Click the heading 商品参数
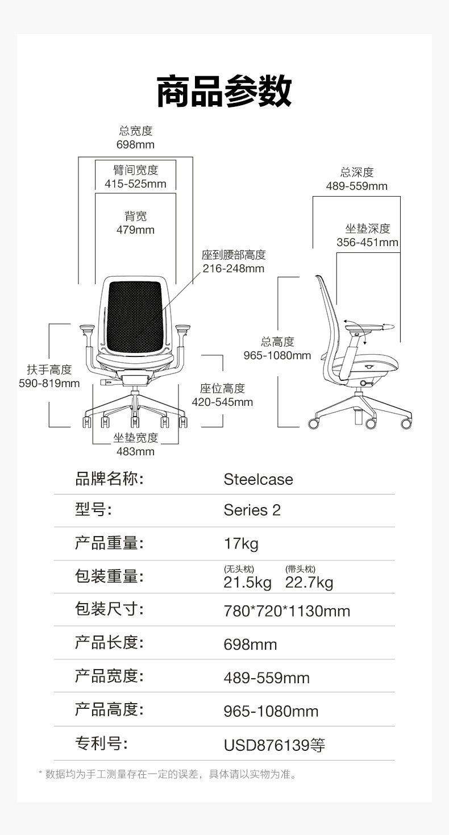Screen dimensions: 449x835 pyautogui.click(x=224, y=91)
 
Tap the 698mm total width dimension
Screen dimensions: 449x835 pyautogui.click(x=135, y=144)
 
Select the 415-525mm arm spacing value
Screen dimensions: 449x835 pyautogui.click(x=135, y=184)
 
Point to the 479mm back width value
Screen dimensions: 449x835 pyautogui.click(x=135, y=230)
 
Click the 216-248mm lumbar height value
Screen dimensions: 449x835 pyautogui.click(x=234, y=268)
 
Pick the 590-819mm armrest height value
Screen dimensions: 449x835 pyautogui.click(x=49, y=383)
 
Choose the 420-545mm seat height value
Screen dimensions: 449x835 pyautogui.click(x=222, y=402)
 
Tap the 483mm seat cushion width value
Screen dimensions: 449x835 pyautogui.click(x=135, y=451)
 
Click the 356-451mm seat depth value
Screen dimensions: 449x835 pyautogui.click(x=367, y=243)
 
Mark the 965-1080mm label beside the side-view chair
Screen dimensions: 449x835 pyautogui.click(x=277, y=355)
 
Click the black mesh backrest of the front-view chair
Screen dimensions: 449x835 pyautogui.click(x=135, y=315)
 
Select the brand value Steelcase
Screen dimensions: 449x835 pyautogui.click(x=258, y=479)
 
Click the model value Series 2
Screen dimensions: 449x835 pyautogui.click(x=252, y=510)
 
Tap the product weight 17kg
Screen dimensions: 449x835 pyautogui.click(x=241, y=543)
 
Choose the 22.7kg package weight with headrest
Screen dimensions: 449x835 pyautogui.click(x=309, y=583)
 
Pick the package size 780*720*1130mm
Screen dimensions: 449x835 pyautogui.click(x=286, y=611)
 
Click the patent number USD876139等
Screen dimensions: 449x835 pyautogui.click(x=274, y=745)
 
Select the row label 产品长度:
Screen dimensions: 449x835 pyautogui.click(x=109, y=643)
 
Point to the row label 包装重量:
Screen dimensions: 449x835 pyautogui.click(x=109, y=576)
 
